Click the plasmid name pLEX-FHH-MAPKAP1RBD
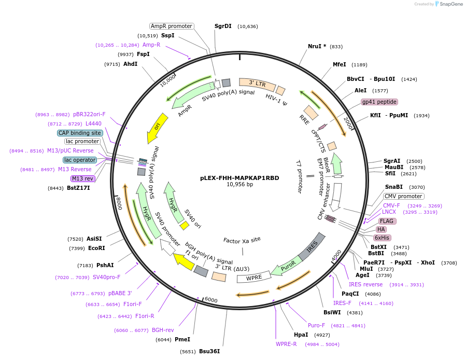pos(239,177)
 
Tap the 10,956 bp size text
pos(239,184)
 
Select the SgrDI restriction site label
pos(223,26)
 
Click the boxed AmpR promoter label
pos(172,26)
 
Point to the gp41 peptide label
pos(379,102)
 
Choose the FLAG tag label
pos(387,221)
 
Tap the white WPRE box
pos(253,278)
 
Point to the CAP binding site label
pos(80,133)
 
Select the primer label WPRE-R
pos(286,344)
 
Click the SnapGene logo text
pos(449,4)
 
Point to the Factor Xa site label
pos(242,240)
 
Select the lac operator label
pos(80,160)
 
